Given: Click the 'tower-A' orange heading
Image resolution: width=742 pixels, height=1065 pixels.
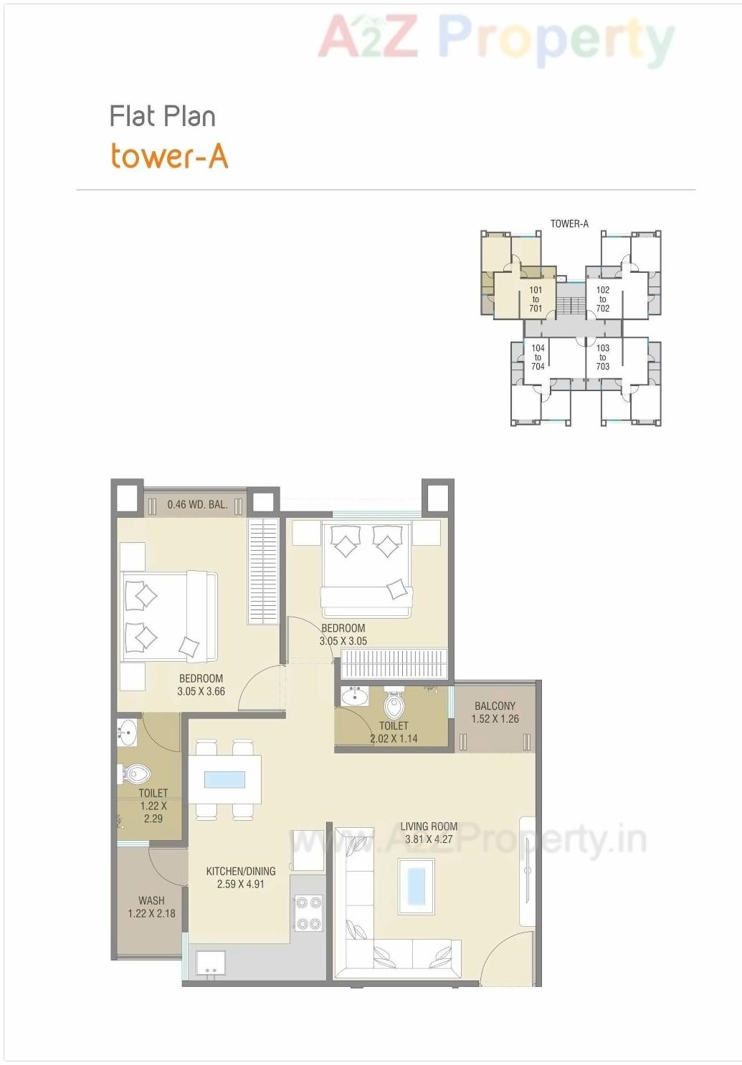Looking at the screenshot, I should [x=169, y=156].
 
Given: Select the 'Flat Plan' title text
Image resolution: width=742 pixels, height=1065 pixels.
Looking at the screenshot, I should [x=162, y=116].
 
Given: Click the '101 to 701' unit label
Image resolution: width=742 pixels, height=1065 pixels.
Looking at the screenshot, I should [x=536, y=299].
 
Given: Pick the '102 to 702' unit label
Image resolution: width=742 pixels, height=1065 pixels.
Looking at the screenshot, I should [x=603, y=299].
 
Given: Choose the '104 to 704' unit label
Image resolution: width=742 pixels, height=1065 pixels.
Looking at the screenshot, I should [x=538, y=357].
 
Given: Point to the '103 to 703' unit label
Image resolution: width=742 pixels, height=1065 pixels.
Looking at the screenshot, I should [x=603, y=357].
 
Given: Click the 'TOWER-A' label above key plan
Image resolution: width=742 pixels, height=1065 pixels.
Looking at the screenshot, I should [x=569, y=223].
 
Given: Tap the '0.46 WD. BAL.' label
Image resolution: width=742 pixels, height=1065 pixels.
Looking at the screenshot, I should [x=197, y=504].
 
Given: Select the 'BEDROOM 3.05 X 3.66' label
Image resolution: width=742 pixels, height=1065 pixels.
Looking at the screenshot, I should [x=201, y=685].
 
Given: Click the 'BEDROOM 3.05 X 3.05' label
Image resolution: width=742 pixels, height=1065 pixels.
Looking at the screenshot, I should [x=343, y=635].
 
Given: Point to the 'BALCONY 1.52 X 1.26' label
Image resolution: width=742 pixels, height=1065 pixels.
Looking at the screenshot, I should [x=495, y=712].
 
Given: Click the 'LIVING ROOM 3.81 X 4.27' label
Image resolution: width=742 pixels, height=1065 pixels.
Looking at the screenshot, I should [x=429, y=833].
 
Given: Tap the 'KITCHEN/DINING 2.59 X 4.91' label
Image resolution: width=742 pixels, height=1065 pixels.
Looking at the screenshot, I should [x=241, y=877].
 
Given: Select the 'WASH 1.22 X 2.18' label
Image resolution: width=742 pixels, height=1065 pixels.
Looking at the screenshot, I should [x=151, y=907].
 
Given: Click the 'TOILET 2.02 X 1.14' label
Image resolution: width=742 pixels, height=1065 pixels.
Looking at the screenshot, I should [x=394, y=732].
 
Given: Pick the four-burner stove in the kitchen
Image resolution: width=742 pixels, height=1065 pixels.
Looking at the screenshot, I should [x=308, y=913].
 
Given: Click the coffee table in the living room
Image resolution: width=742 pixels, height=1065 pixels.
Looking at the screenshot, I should [x=416, y=885].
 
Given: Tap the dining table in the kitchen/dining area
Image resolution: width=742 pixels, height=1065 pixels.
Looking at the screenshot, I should [x=224, y=779].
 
